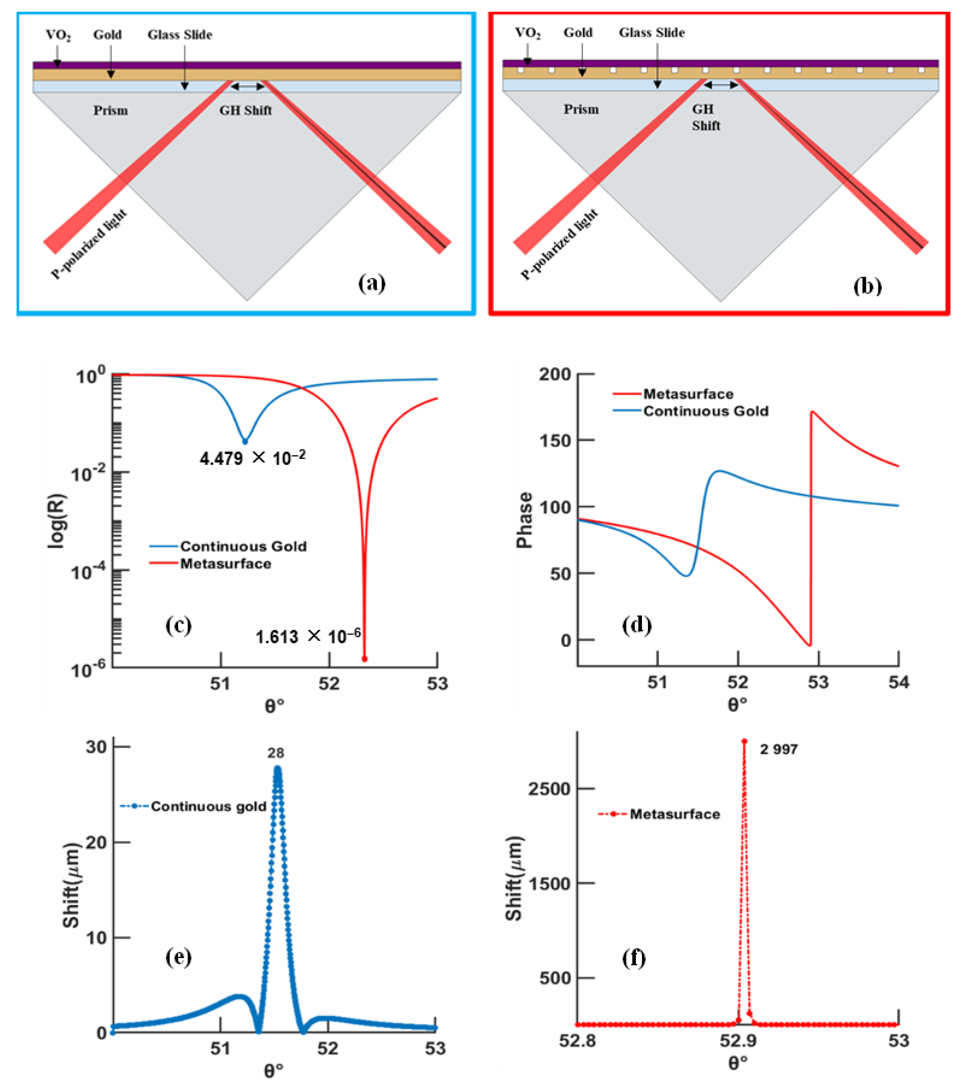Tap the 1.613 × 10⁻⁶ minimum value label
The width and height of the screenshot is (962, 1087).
(308, 636)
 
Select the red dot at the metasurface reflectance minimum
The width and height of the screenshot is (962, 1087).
(365, 659)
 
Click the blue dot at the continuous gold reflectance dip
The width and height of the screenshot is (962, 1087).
(245, 441)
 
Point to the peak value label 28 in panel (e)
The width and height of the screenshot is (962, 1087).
(276, 753)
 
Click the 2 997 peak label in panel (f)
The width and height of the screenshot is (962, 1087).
(779, 749)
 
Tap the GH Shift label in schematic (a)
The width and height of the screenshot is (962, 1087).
(246, 111)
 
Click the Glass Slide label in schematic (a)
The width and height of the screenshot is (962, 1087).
(180, 35)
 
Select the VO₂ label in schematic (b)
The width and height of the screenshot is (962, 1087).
(528, 33)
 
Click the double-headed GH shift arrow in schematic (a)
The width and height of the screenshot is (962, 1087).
(248, 86)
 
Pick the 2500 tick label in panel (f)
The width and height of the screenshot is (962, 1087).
(549, 789)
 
